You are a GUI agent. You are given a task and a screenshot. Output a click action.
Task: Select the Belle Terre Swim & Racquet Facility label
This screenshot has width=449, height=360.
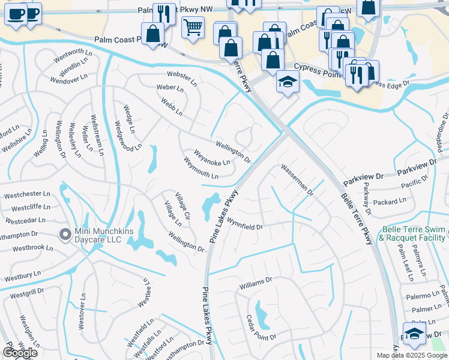pyautogui.click(x=414, y=233)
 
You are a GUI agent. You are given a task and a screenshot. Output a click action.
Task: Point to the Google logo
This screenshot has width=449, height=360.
pyautogui.click(x=20, y=353)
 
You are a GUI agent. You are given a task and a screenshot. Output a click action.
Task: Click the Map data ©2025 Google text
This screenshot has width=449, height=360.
pyautogui.click(x=411, y=355)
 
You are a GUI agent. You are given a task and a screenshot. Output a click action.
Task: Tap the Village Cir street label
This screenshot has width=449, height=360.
pyautogui.click(x=182, y=206)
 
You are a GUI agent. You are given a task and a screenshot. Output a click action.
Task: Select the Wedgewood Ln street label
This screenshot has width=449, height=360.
pyautogui.click(x=128, y=136)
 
